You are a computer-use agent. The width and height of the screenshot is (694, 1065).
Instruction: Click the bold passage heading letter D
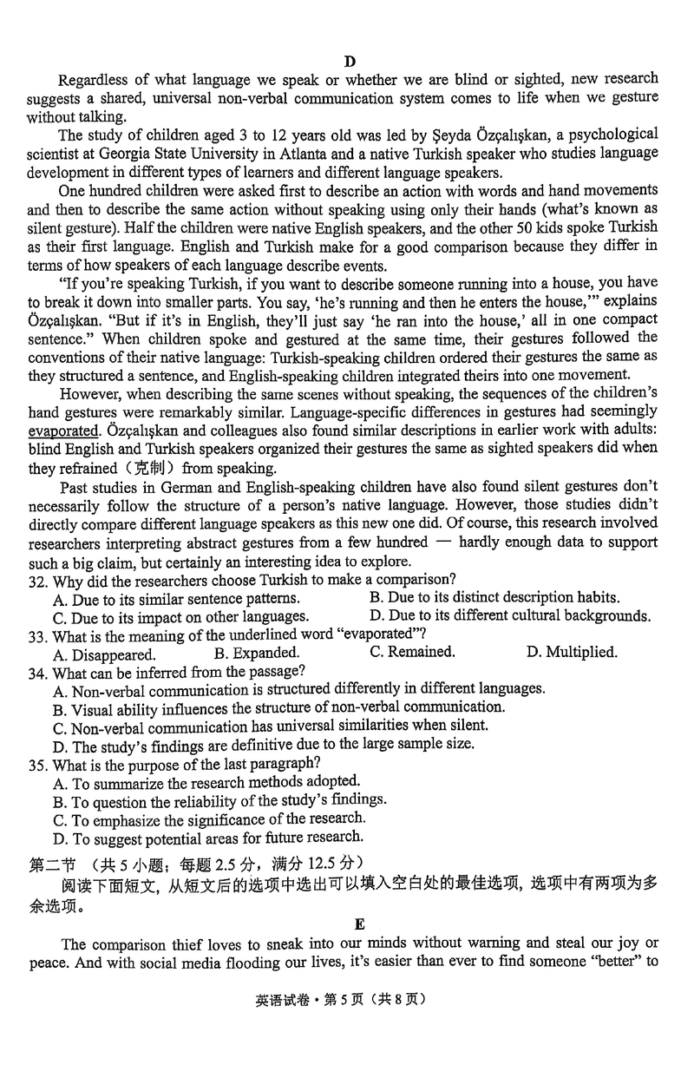[x=349, y=61]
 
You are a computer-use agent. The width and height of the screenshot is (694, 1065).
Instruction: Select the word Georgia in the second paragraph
[x=121, y=153]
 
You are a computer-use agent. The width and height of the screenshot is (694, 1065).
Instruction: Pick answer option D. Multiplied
[x=571, y=652]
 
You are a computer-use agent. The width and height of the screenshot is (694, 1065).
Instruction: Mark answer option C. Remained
[x=412, y=652]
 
